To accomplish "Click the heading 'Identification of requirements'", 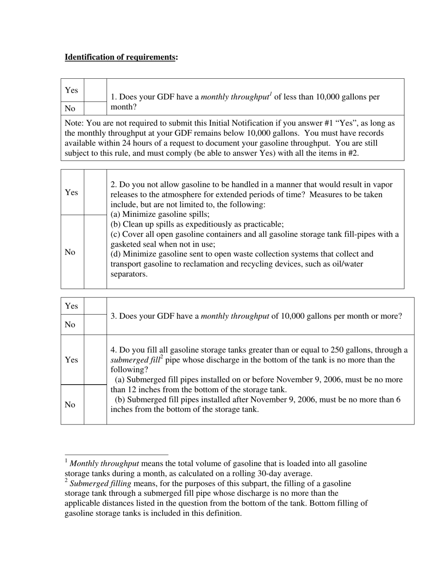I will tap(120, 57).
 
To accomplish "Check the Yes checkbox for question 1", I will tap(95, 90).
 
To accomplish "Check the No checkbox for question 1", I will tap(95, 108).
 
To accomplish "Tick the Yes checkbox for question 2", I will tap(95, 192).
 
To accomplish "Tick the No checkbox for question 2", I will tap(95, 252).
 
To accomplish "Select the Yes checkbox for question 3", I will tap(95, 306).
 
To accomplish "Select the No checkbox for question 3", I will tap(95, 324).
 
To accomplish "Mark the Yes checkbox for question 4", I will tap(95, 360).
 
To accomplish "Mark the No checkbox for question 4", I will tap(95, 405).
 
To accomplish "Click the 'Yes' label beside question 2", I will tap(71, 192).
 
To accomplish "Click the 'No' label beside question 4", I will tap(70, 405).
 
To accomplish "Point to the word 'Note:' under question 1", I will tap(75, 123).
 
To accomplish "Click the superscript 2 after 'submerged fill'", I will tap(161, 357).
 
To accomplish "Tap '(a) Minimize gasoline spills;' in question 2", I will tap(160, 214).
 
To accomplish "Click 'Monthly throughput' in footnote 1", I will tap(104, 463).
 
